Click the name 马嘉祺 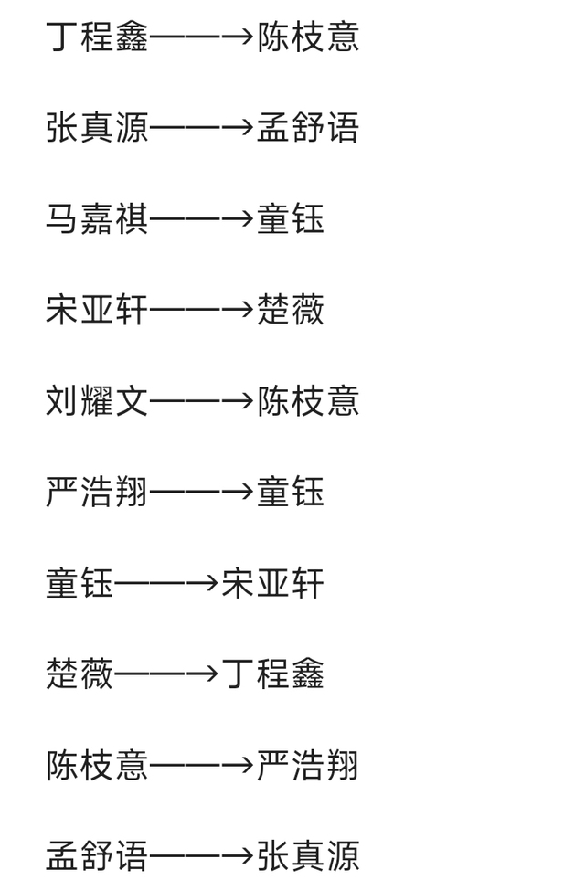tap(97, 219)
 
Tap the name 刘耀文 tap(97, 401)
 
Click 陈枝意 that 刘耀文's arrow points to tap(308, 401)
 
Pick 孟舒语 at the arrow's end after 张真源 tap(308, 128)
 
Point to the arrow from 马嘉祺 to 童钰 tap(202, 219)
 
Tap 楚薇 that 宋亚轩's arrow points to tap(291, 310)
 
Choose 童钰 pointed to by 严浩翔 tap(291, 493)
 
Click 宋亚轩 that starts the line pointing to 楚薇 tap(97, 310)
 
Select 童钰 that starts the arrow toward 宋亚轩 tap(80, 583)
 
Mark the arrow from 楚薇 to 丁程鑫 tap(167, 674)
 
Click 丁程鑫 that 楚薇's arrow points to tap(273, 674)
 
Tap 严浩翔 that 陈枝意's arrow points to tap(308, 765)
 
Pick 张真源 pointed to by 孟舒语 tap(308, 856)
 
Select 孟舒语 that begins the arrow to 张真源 tap(97, 856)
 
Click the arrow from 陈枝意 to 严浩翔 tap(202, 765)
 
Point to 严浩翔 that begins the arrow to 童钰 tap(97, 493)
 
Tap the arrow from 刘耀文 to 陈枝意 tap(202, 401)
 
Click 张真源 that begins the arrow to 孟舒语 tap(97, 128)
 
